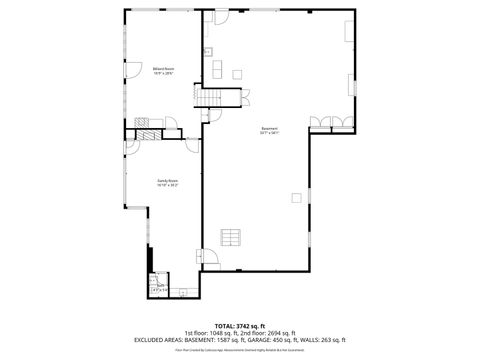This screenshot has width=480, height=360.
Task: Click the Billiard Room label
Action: coord(164,71)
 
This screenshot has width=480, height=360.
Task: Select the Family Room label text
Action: coord(166,183)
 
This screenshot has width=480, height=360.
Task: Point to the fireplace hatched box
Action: coord(147,133)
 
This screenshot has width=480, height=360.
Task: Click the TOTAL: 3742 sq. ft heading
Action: coord(239,325)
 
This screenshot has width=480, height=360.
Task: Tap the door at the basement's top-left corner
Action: coord(219,18)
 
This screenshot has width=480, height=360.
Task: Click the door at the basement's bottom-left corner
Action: coord(210,259)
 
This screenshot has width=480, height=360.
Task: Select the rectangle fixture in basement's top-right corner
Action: coord(348,32)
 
